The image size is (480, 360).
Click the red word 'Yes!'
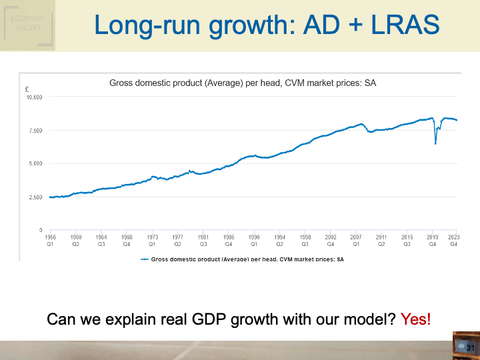click(415, 319)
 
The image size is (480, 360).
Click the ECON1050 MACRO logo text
click(27, 24)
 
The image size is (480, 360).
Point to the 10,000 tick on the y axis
click(34, 97)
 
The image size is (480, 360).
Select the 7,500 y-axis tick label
click(35, 131)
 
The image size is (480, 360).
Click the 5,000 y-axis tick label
click(35, 163)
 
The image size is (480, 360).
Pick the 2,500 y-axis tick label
click(35, 197)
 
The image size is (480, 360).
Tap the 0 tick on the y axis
click(41, 230)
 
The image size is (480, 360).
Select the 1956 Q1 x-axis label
click(50, 240)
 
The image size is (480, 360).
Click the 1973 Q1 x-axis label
click(152, 240)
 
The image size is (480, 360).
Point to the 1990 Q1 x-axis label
click(254, 240)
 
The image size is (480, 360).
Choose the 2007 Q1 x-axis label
click(356, 240)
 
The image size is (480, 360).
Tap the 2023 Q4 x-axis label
click(454, 240)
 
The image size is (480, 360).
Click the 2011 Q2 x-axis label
click(381, 240)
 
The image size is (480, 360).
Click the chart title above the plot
click(243, 83)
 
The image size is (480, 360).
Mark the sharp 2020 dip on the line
click(435, 142)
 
